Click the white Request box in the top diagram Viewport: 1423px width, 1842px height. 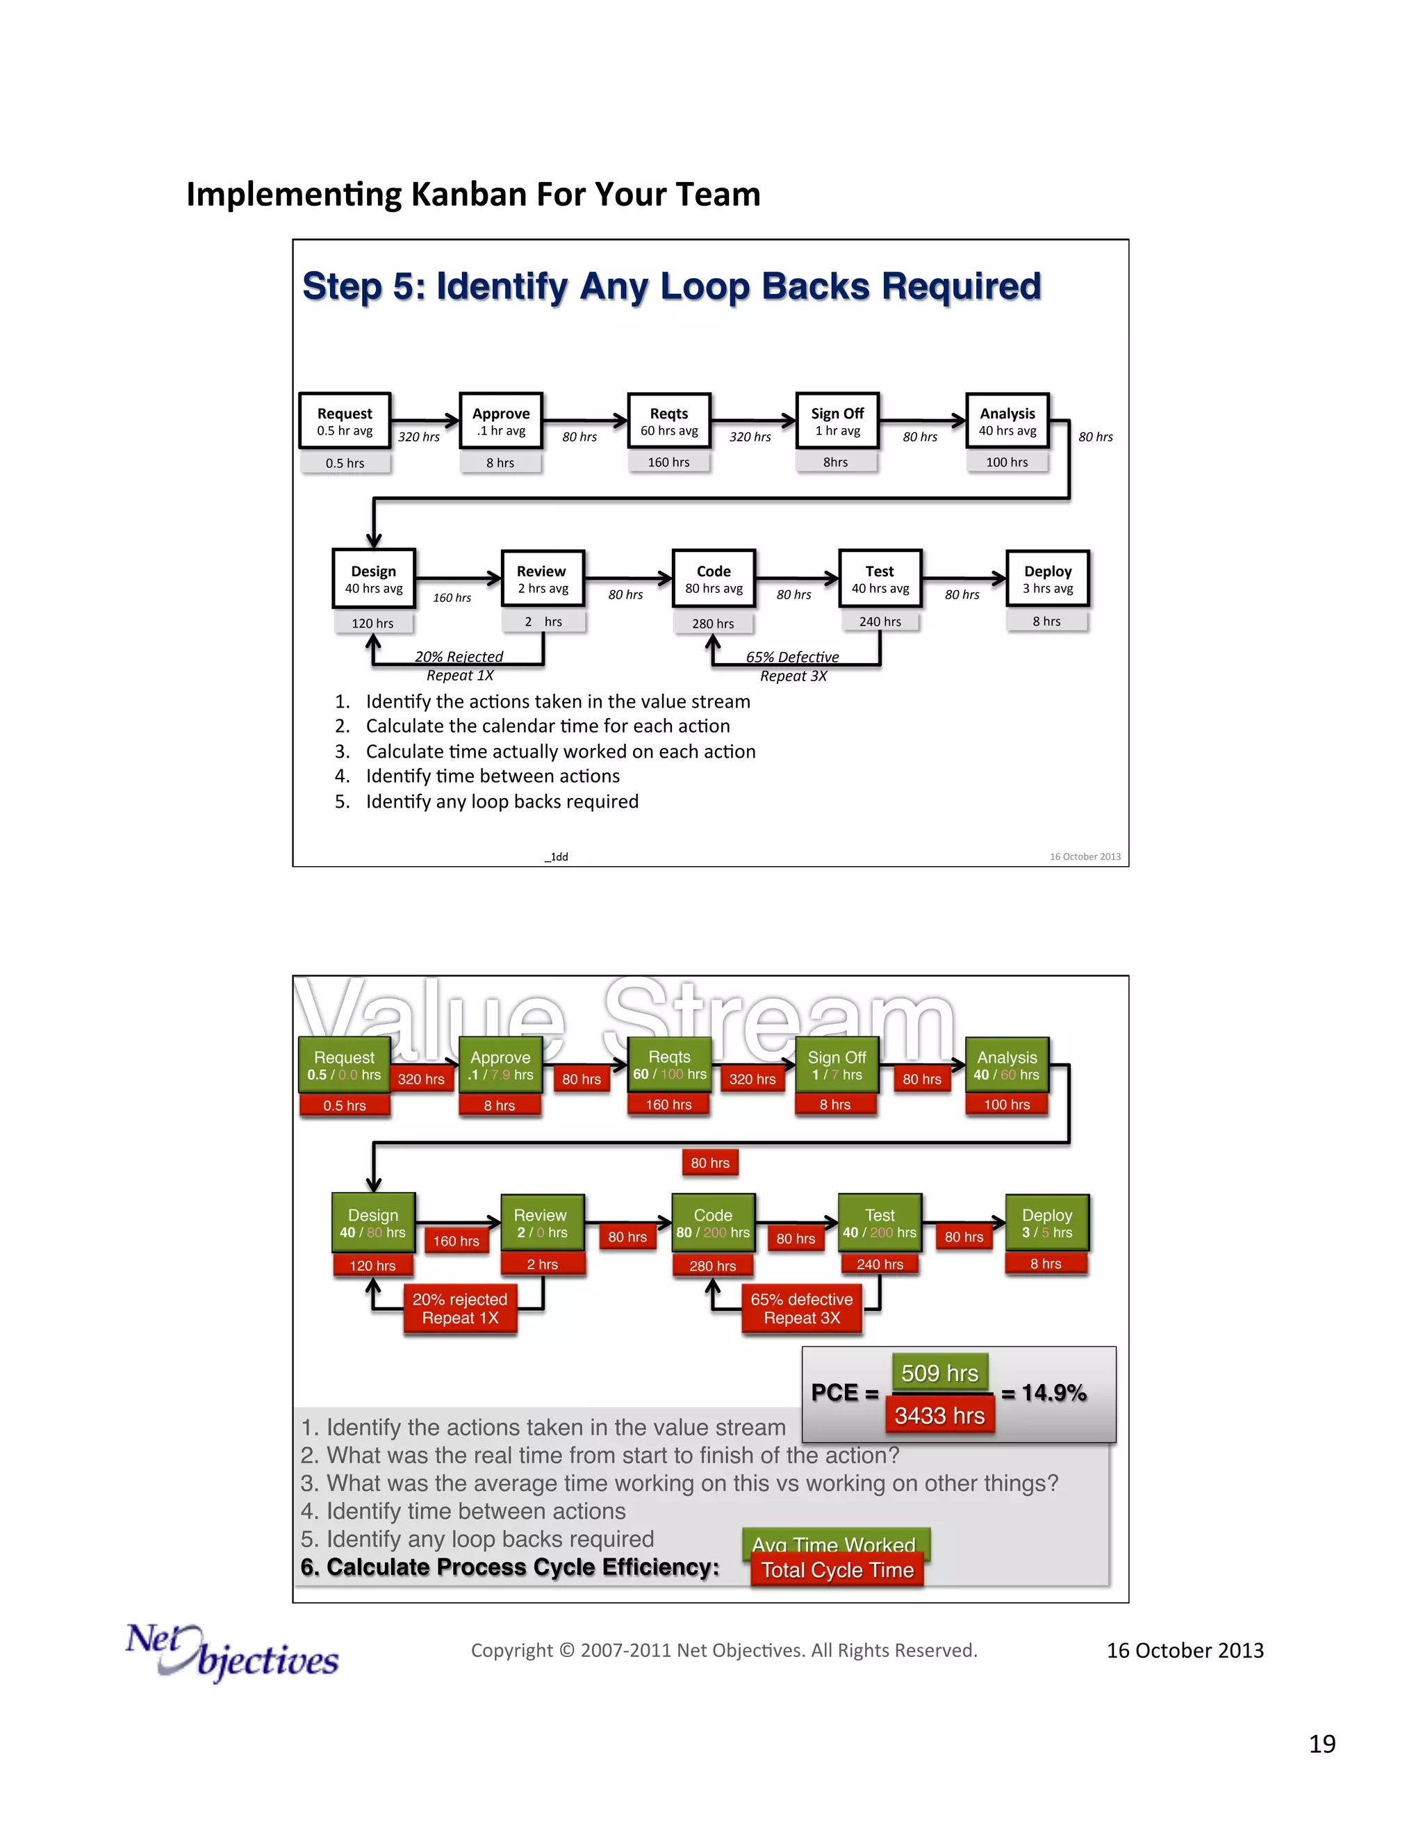(x=345, y=420)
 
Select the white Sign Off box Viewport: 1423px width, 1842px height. (x=837, y=420)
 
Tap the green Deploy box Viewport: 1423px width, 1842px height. (x=1047, y=1222)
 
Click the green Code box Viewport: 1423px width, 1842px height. (x=713, y=1222)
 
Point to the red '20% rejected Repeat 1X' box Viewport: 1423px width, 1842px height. (x=460, y=1308)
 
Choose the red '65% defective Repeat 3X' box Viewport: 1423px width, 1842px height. (x=802, y=1308)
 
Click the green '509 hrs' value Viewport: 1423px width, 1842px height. (x=939, y=1373)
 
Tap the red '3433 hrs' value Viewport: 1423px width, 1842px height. (x=939, y=1415)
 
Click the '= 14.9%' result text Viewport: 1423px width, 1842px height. (x=1044, y=1392)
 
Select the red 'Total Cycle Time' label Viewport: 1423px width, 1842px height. (x=837, y=1570)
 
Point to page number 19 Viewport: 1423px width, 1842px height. (x=1321, y=1743)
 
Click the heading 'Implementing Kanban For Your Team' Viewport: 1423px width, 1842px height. (x=473, y=194)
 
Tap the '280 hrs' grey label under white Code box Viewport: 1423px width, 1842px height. (x=713, y=623)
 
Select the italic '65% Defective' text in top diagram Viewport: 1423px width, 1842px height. (x=791, y=657)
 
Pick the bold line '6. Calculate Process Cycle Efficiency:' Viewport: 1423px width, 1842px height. (x=510, y=1566)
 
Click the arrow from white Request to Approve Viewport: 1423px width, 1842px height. (x=425, y=419)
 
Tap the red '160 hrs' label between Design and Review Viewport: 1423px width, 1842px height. (x=456, y=1241)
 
